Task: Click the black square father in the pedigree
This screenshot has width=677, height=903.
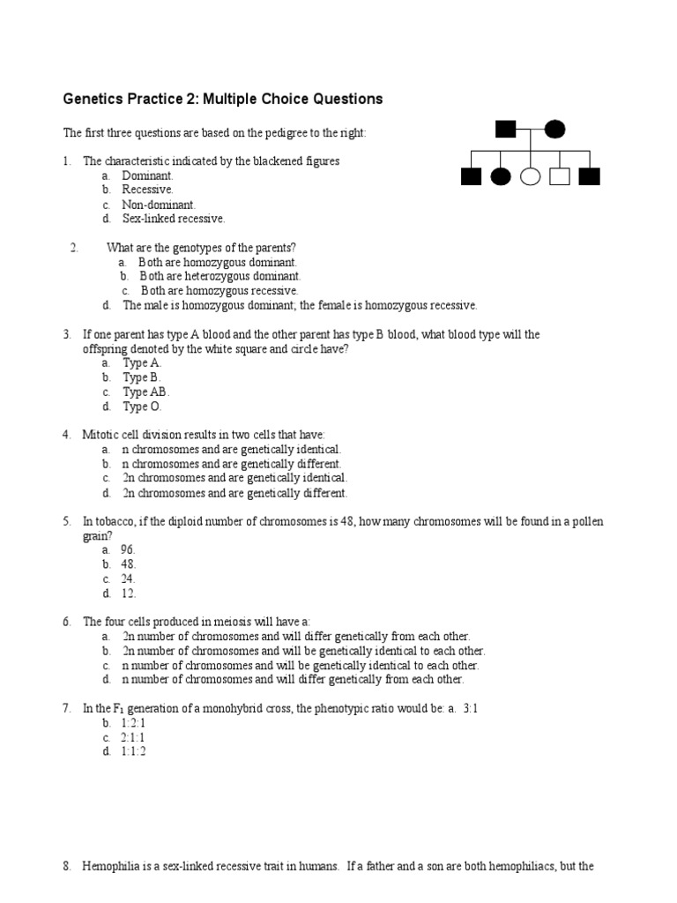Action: click(x=505, y=130)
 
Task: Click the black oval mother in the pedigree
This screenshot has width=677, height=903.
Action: click(x=554, y=130)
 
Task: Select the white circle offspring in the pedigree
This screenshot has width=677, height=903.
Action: click(x=530, y=176)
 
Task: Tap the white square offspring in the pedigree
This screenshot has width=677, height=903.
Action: click(x=560, y=176)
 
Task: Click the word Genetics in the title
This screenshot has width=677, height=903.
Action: click(x=94, y=100)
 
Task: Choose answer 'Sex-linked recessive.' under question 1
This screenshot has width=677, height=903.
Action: click(x=173, y=219)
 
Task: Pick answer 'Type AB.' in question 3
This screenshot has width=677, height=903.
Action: click(x=145, y=392)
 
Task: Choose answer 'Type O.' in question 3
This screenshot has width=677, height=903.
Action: click(x=142, y=407)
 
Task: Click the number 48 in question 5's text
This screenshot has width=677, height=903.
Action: click(x=345, y=522)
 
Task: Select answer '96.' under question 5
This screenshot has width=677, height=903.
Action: click(x=129, y=549)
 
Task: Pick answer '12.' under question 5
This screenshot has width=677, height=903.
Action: click(x=129, y=593)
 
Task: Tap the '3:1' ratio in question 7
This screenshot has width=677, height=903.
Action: click(x=470, y=708)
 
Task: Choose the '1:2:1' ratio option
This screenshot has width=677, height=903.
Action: click(x=134, y=722)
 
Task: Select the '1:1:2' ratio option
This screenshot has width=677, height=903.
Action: click(x=134, y=751)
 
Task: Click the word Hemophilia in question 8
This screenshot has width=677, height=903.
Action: click(x=113, y=867)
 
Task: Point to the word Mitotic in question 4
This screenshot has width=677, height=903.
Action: click(x=102, y=435)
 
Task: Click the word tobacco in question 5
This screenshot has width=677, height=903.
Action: click(x=115, y=522)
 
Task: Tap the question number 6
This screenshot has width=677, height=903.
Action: click(x=66, y=622)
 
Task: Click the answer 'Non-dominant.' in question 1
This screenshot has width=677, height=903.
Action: click(x=153, y=205)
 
